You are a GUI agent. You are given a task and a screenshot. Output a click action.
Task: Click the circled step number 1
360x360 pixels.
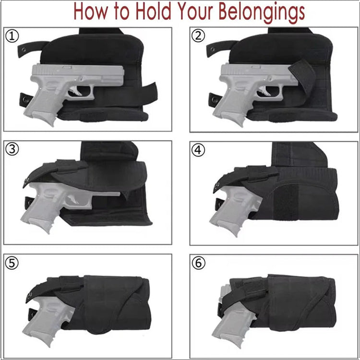tap(12, 36)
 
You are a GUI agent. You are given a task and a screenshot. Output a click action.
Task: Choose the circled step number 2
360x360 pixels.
tap(198, 36)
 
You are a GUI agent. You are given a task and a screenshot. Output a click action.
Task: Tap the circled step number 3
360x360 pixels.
tap(12, 149)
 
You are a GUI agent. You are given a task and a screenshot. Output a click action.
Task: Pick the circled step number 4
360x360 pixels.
tap(198, 149)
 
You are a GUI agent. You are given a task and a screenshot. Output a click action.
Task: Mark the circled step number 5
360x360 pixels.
tap(12, 263)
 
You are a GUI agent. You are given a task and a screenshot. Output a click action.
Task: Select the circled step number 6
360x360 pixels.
tap(198, 263)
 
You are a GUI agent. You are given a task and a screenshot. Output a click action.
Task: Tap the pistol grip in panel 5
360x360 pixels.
tap(38, 331)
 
